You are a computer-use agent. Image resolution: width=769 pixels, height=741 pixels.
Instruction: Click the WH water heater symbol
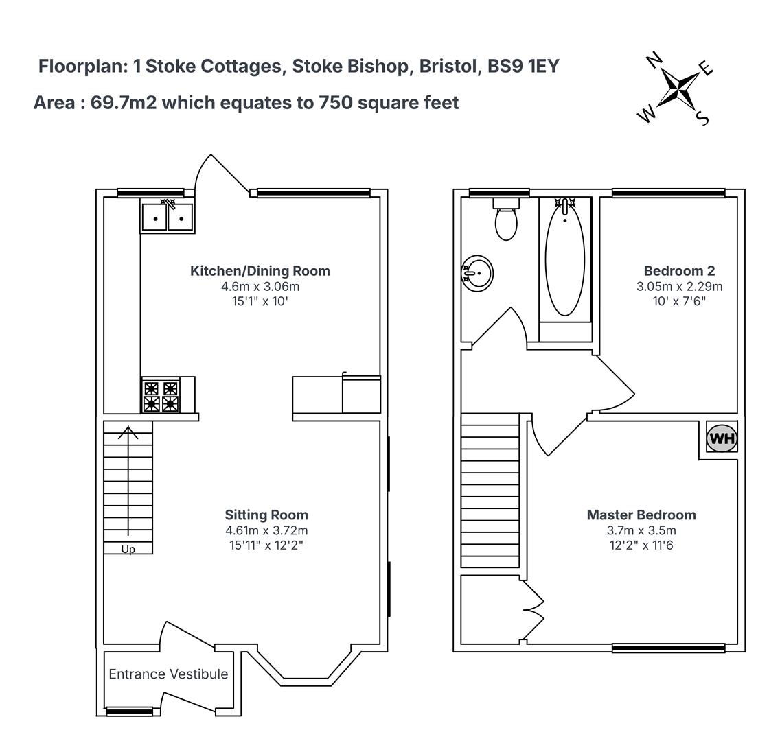(x=722, y=438)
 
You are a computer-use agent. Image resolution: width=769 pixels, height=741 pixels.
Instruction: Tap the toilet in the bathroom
(x=506, y=219)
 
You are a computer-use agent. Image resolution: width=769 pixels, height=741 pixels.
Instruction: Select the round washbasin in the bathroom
(x=478, y=274)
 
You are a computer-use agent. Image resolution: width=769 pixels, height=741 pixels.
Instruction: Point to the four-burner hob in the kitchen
(x=161, y=396)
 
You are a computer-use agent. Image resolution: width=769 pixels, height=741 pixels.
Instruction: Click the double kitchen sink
(x=168, y=217)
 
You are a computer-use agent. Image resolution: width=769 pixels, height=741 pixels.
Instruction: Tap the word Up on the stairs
(x=128, y=550)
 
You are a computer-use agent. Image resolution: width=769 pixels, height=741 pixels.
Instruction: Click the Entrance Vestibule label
(x=168, y=674)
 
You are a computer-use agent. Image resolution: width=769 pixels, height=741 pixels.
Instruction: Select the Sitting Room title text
(x=266, y=515)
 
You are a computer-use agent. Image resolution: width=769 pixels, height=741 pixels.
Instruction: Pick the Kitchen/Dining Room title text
(x=260, y=271)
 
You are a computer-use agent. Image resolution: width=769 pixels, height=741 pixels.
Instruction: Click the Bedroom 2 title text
(x=679, y=271)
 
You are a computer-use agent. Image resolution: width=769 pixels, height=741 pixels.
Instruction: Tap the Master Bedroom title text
(x=641, y=515)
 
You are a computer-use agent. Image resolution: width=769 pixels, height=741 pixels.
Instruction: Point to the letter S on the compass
(x=703, y=118)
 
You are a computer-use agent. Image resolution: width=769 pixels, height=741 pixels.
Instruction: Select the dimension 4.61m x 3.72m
(x=266, y=530)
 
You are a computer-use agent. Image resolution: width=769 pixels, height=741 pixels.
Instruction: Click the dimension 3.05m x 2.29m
(x=679, y=286)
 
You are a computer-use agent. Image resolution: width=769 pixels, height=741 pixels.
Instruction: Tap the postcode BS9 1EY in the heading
(x=523, y=66)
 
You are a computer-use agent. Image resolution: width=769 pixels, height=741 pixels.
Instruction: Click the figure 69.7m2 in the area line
(x=124, y=103)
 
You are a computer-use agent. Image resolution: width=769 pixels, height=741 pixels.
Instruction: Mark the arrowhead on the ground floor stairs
(x=128, y=432)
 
